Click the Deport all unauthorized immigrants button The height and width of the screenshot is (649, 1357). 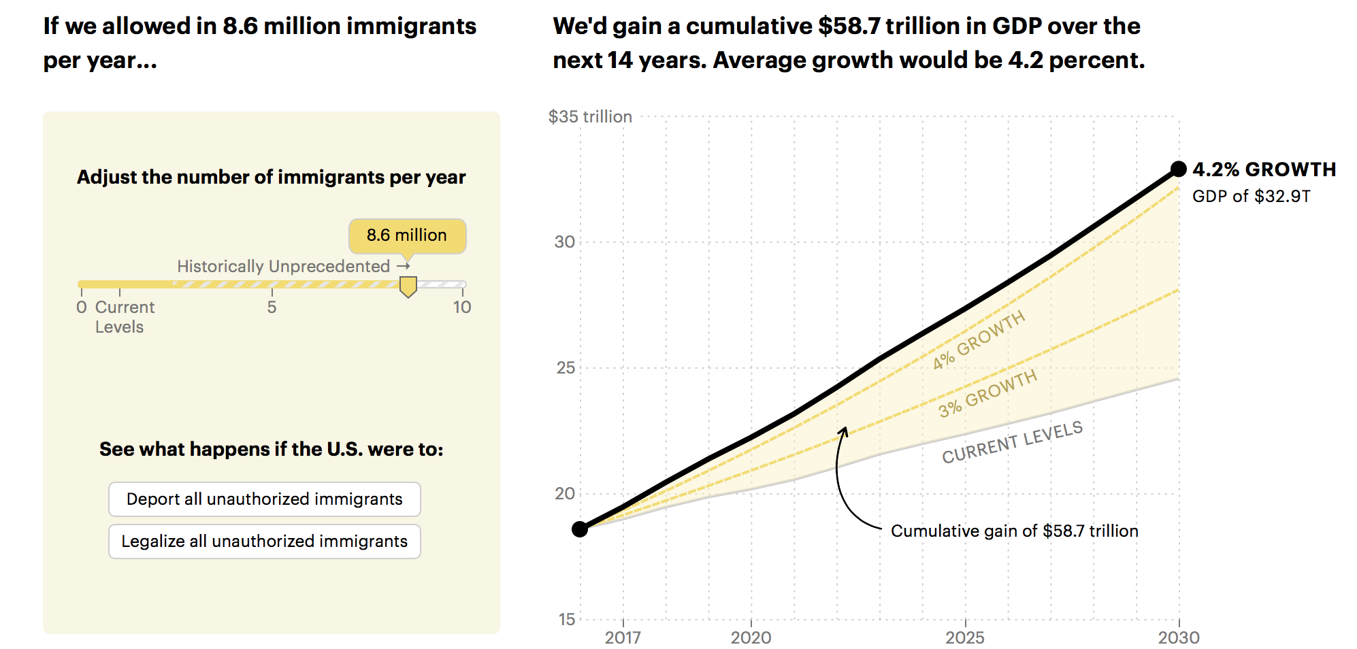pyautogui.click(x=264, y=499)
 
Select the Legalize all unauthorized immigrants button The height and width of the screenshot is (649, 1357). pyautogui.click(x=264, y=542)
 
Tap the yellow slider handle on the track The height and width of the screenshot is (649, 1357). pyautogui.click(x=408, y=286)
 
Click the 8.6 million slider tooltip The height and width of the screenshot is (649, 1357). pyautogui.click(x=407, y=235)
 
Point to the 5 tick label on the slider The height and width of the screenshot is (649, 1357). pyautogui.click(x=272, y=307)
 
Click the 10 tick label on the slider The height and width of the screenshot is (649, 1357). pyautogui.click(x=462, y=307)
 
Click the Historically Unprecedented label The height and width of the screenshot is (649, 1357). pyautogui.click(x=284, y=266)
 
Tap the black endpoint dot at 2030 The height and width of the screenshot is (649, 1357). pyautogui.click(x=1179, y=169)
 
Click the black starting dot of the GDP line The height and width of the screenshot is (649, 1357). pyautogui.click(x=580, y=529)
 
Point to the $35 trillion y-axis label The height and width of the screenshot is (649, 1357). pyautogui.click(x=590, y=117)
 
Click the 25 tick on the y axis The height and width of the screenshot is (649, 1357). pyautogui.click(x=566, y=368)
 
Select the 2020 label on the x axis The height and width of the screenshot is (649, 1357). pyautogui.click(x=751, y=637)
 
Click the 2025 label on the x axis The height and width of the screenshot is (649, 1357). pyautogui.click(x=964, y=637)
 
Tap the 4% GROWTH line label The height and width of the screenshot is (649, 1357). pyautogui.click(x=979, y=340)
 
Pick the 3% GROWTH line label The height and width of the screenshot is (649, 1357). pyautogui.click(x=987, y=394)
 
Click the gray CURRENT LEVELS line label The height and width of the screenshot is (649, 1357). pyautogui.click(x=1012, y=442)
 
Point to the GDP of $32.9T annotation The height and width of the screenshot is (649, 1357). pyautogui.click(x=1251, y=197)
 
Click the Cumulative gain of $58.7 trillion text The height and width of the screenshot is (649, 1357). pyautogui.click(x=1014, y=531)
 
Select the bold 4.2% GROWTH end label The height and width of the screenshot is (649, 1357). pyautogui.click(x=1264, y=169)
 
